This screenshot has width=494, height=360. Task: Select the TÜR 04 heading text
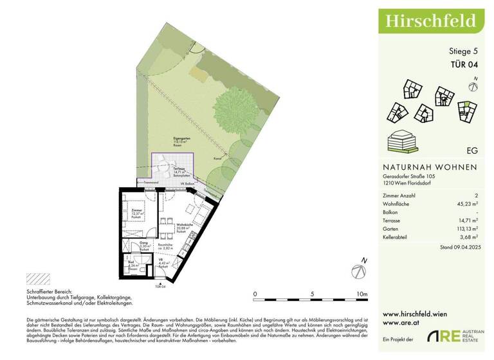pyautogui.click(x=463, y=64)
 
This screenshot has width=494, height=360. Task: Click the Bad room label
pyautogui.click(x=131, y=262)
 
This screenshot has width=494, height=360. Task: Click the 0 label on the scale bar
pyautogui.click(x=255, y=294)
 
